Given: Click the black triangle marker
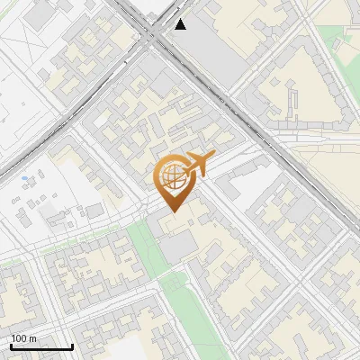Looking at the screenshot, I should [181, 24].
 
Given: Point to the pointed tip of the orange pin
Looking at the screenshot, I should [172, 211].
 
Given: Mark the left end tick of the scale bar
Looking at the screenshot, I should [11, 346].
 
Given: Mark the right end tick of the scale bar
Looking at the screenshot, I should [73, 346].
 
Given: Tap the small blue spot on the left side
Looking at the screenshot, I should [24, 178].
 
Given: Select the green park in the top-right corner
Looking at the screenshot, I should [337, 40].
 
